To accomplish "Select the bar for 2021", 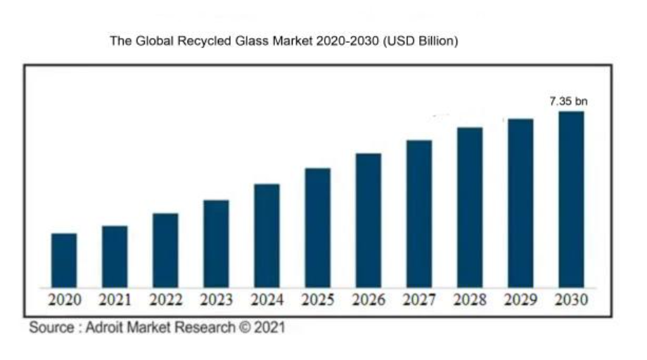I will coord(115,257).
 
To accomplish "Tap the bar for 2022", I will coord(165,250).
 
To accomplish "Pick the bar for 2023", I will coord(216,243).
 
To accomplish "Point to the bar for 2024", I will coord(267,236).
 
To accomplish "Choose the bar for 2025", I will coord(317,228).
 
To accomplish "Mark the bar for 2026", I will coord(368,220).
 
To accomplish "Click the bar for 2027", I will coord(419,214).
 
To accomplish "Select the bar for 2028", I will coord(470,207).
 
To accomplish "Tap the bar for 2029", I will coord(520,203).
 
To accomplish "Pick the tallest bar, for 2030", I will coord(571,199).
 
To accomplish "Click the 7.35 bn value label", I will coord(568,102).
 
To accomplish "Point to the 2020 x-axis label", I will coord(64,301).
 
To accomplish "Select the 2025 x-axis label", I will coord(317,301).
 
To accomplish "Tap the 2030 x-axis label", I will coord(571,301).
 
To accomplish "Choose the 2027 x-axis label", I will coord(419,301).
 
